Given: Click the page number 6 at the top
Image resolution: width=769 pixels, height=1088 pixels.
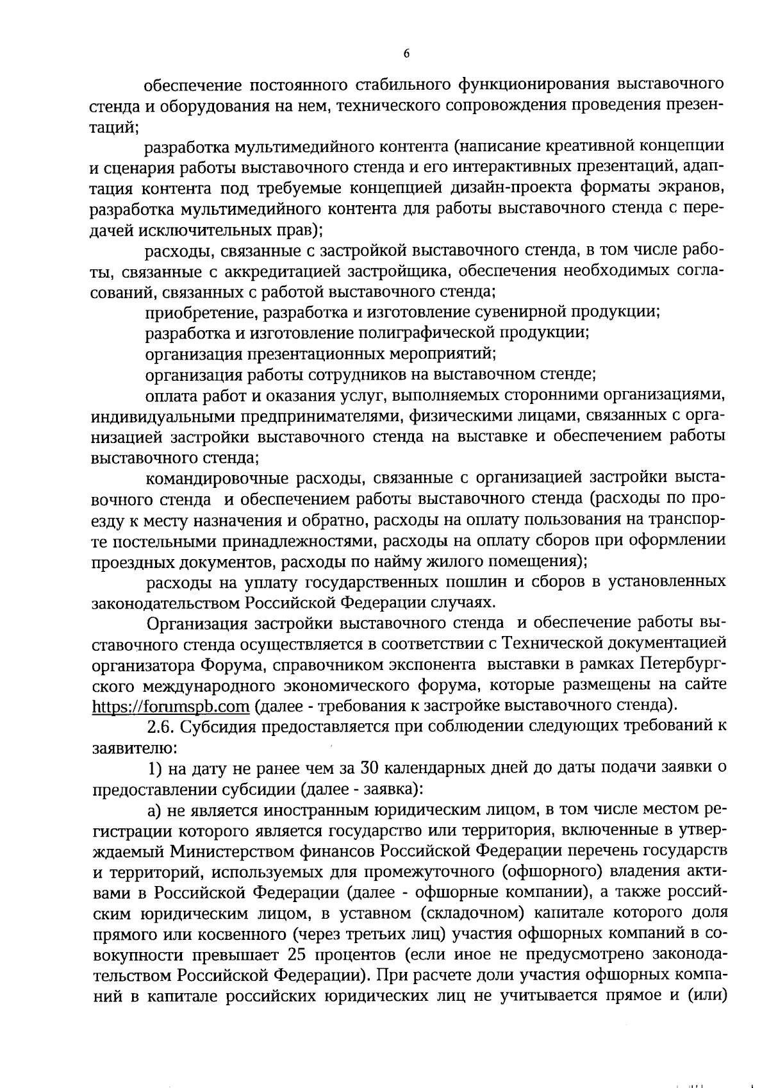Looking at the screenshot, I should pos(407,54).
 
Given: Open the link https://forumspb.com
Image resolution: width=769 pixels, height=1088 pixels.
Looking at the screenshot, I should pos(170,706).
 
